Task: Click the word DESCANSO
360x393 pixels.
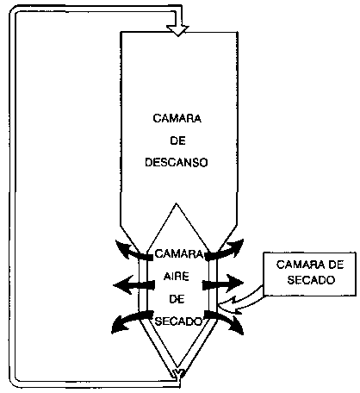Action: tap(177, 163)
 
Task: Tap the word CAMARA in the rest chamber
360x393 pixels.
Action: tap(177, 118)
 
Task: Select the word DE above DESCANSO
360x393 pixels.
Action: tap(177, 140)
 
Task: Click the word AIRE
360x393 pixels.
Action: tap(177, 277)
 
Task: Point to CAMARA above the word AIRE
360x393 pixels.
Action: tap(179, 254)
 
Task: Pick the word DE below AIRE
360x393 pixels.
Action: tap(177, 299)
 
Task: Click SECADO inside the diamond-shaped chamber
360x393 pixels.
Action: tap(178, 321)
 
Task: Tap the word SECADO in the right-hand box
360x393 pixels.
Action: tap(311, 279)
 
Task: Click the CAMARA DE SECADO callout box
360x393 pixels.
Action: tap(310, 274)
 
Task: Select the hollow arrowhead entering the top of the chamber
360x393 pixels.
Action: tap(177, 30)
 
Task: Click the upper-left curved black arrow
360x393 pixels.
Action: tap(133, 251)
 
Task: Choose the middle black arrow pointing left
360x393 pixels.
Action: tap(134, 285)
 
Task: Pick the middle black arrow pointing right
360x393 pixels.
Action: tap(223, 284)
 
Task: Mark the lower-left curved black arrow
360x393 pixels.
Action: tap(130, 321)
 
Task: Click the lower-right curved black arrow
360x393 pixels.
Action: tap(226, 321)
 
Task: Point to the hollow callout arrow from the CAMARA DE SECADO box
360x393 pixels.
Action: tap(240, 303)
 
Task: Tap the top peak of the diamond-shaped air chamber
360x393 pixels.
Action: tap(177, 203)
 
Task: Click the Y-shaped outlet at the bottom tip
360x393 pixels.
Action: tap(178, 375)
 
